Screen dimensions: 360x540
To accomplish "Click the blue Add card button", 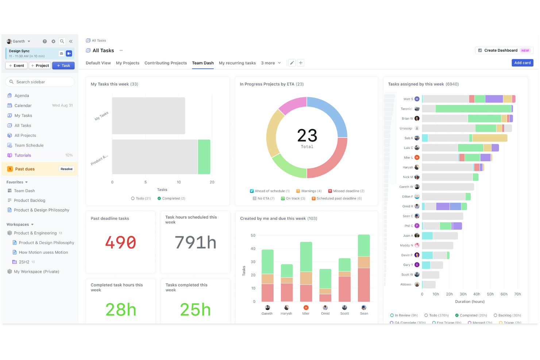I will click(522, 63).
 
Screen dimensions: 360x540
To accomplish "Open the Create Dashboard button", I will click(504, 50).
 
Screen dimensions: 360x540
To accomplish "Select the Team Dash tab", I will click(202, 63).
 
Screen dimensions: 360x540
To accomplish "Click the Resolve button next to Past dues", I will click(66, 169).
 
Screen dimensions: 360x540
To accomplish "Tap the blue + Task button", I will click(63, 66).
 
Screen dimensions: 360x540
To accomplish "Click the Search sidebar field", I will click(40, 82).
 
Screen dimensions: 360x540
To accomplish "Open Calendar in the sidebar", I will click(23, 105).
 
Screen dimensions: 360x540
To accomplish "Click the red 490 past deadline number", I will click(120, 243).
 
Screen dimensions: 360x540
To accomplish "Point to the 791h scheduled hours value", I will click(195, 243).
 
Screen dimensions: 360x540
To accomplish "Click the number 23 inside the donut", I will click(307, 135).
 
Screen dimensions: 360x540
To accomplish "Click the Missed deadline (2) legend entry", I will click(346, 191).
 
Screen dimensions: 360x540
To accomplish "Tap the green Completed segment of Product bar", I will click(204, 157).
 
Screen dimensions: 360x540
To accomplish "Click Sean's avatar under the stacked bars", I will click(364, 307).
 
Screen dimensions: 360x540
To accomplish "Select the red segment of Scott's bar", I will click(344, 289).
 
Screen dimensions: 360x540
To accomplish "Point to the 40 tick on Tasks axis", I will click(253, 249).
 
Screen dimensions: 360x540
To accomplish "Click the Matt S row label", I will click(408, 99).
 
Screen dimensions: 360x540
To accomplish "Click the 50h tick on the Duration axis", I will click(490, 294).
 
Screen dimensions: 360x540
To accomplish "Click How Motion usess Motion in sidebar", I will click(43, 252).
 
